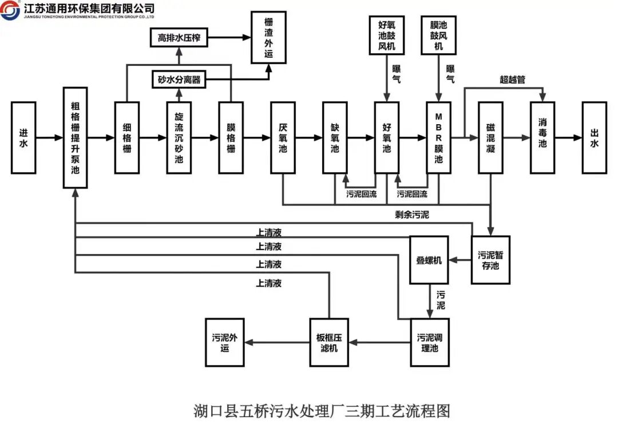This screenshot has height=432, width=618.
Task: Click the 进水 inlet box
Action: (x=23, y=137)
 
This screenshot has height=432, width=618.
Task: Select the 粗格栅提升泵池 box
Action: (x=76, y=137)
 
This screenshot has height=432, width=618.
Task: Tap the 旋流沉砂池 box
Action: (x=179, y=137)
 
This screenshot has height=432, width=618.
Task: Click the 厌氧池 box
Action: (x=283, y=137)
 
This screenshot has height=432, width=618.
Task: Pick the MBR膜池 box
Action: (x=439, y=137)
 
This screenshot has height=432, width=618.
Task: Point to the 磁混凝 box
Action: (x=491, y=137)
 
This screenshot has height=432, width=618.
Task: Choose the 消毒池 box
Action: (x=542, y=137)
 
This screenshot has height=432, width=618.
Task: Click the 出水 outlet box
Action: (x=595, y=137)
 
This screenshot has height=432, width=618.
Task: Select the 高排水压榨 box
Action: (x=179, y=37)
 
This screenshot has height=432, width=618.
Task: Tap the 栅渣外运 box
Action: (x=269, y=37)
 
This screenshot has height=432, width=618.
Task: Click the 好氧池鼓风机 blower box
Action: (x=387, y=35)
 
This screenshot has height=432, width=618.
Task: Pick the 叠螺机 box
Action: (x=429, y=260)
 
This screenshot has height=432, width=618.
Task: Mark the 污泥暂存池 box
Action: (x=491, y=260)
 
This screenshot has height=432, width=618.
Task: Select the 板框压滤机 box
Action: (x=329, y=343)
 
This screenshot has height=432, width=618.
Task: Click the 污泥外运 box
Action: (x=225, y=343)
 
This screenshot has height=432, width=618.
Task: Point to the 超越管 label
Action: (x=512, y=80)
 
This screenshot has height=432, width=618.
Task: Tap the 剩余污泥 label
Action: (x=412, y=215)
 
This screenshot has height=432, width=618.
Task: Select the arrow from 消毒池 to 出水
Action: (x=569, y=137)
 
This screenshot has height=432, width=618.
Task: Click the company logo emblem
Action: (x=10, y=10)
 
